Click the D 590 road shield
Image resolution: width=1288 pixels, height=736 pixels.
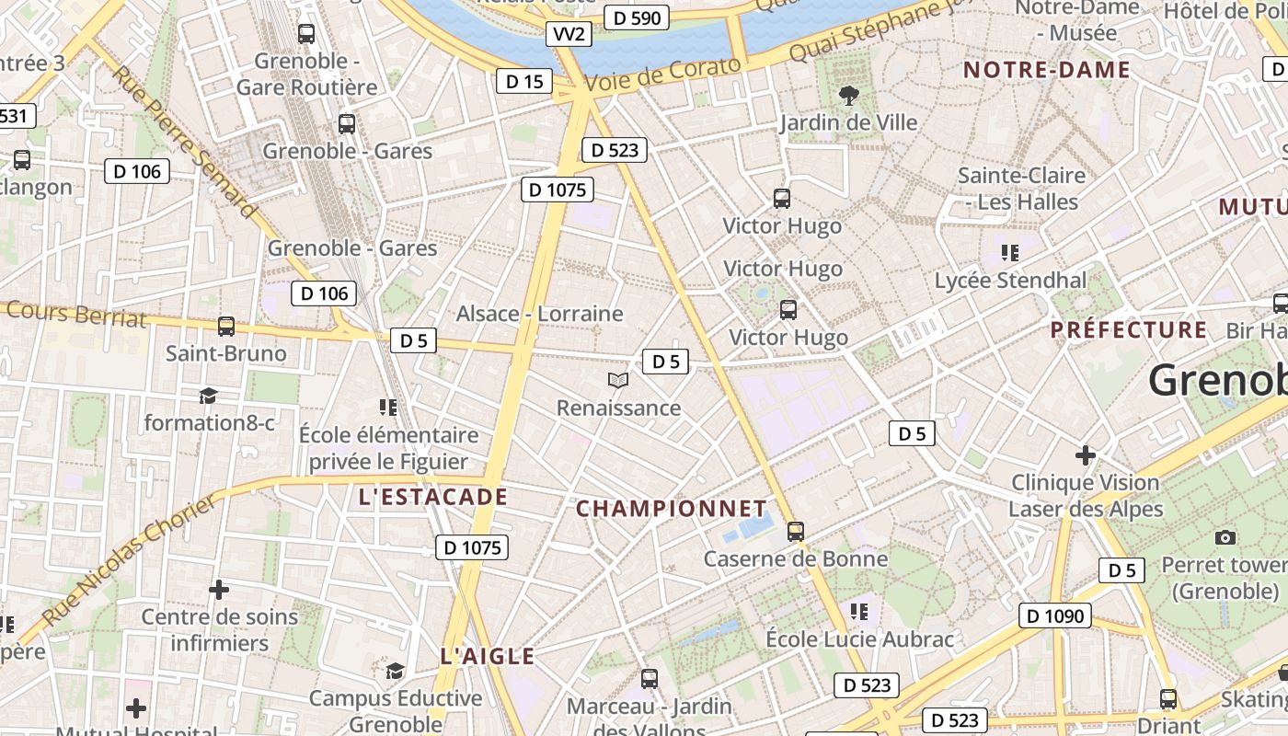pos(637,17)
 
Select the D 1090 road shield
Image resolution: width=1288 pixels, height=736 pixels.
pos(1054,615)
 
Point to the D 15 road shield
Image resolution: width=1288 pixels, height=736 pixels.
pos(524,81)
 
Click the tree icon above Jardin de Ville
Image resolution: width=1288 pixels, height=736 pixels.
pos(848,95)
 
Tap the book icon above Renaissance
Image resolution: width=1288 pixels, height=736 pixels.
pos(618,380)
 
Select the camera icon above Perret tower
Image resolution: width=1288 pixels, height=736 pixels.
pos(1225,537)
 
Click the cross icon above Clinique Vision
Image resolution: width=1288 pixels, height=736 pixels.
pos(1086,454)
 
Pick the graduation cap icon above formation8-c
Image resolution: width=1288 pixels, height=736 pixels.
pos(209,396)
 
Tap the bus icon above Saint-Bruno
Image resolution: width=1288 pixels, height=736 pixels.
pos(225,326)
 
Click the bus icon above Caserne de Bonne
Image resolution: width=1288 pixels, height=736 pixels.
pos(796,531)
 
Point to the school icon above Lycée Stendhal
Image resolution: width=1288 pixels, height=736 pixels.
pos(1010,252)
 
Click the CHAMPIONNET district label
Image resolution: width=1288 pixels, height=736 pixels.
pos(671,509)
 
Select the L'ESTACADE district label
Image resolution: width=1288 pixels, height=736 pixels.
pos(432,498)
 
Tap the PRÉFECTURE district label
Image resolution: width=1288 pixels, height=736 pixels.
pos(1129,329)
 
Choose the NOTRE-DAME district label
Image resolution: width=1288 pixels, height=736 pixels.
pos(1046,70)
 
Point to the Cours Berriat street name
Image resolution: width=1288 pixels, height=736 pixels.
pos(75,314)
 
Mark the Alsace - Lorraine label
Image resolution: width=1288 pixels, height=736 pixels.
pos(540,314)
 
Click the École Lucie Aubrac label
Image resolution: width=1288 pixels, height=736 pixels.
pos(860,638)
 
